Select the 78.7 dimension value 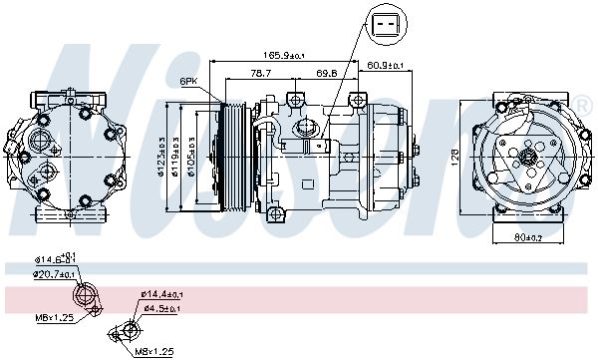pyautogui.click(x=262, y=75)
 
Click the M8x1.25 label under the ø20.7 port pyautogui.click(x=55, y=319)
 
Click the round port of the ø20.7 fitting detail pyautogui.click(x=87, y=296)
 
